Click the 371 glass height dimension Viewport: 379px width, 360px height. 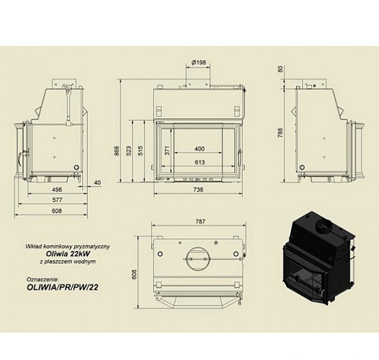point(166,151)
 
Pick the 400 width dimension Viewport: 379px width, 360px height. point(200,149)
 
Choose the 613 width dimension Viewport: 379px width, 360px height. point(199,162)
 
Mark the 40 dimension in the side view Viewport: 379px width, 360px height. point(97,181)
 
